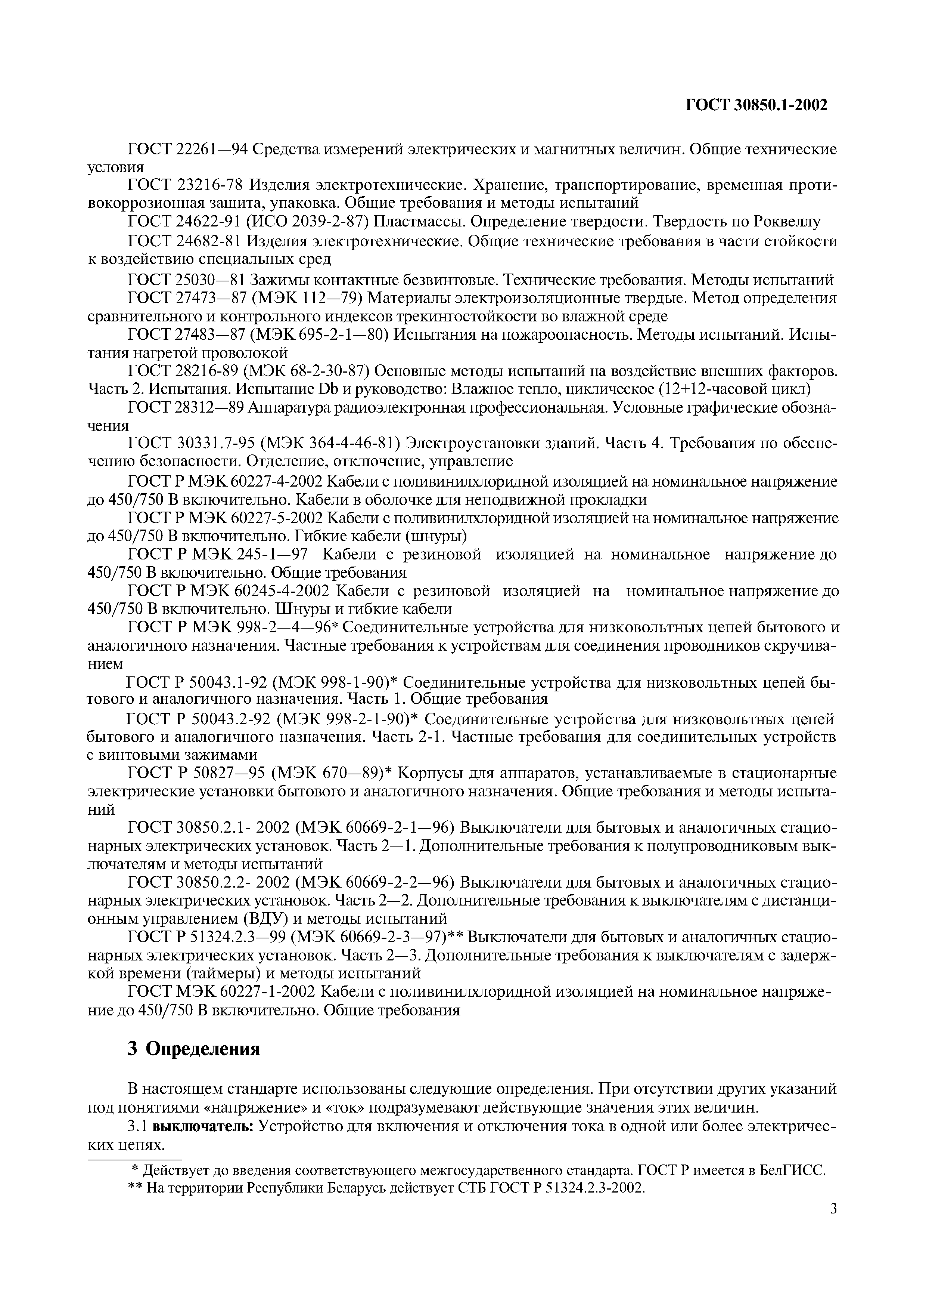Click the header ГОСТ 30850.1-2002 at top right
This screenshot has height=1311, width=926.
[755, 105]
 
